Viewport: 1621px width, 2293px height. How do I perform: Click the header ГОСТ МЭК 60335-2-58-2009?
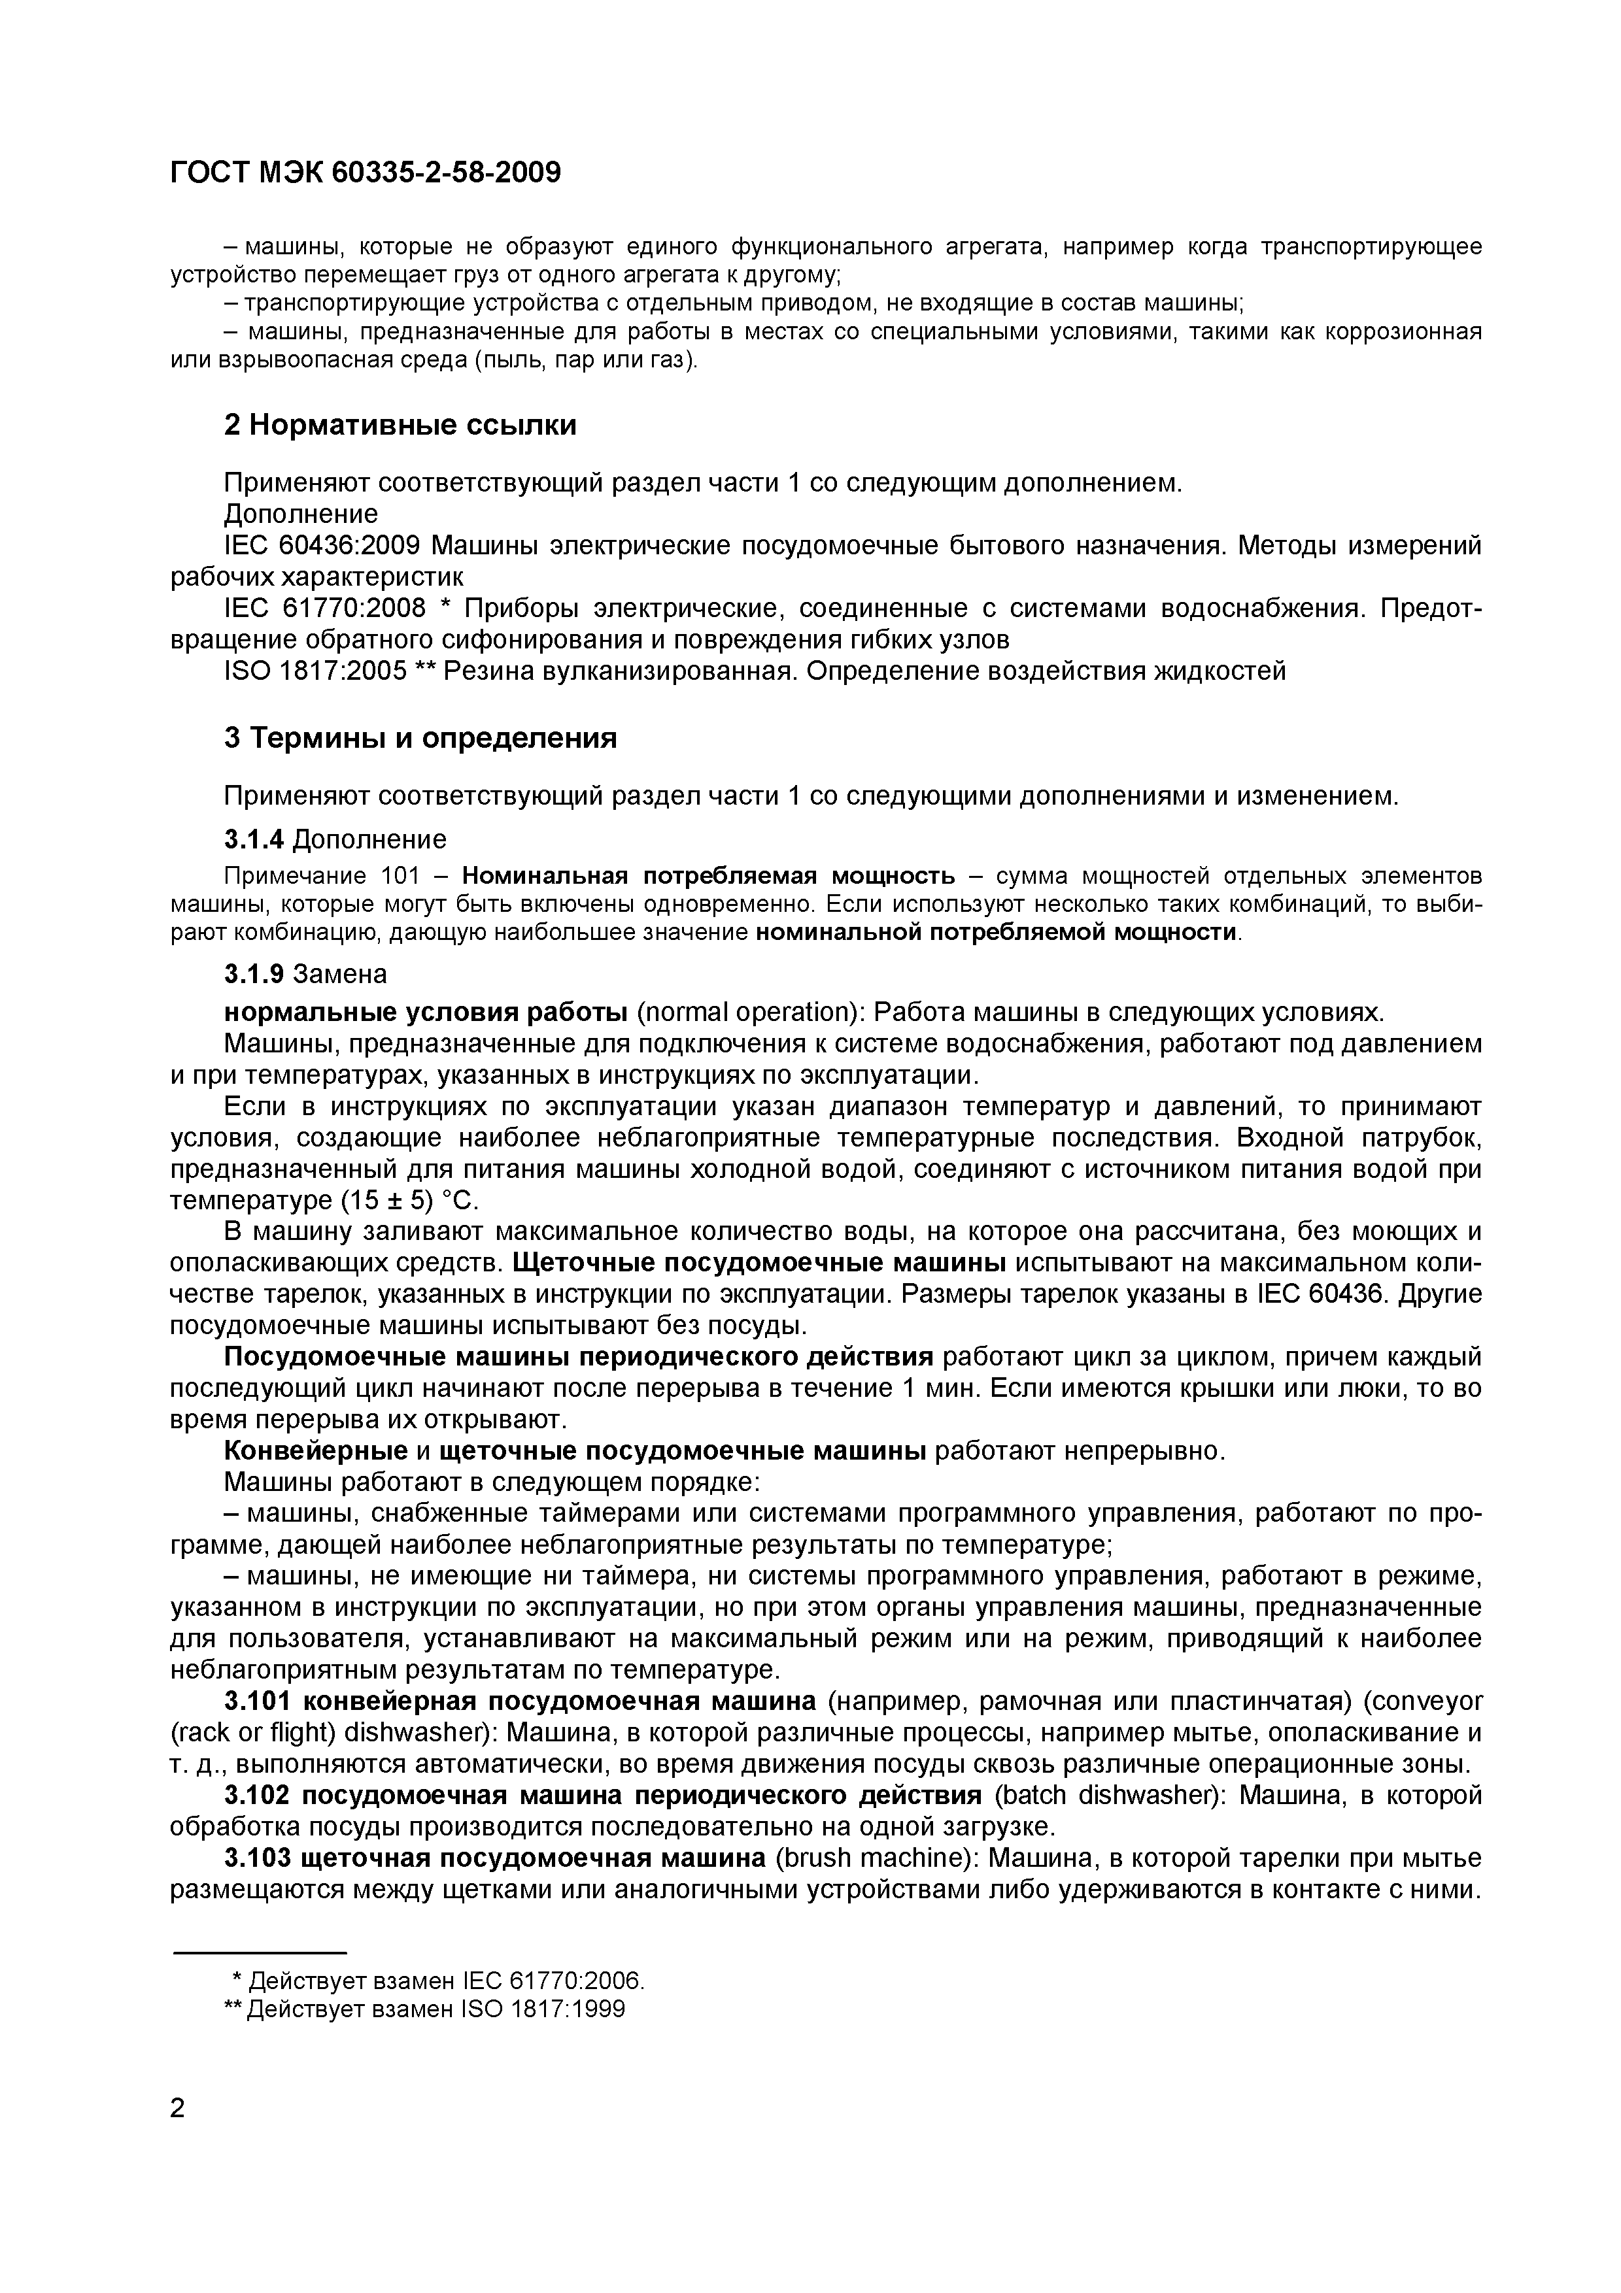coord(366,173)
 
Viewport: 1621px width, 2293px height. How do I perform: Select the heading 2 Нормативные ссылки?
coord(400,426)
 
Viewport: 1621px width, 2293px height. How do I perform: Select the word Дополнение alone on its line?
coord(301,514)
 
